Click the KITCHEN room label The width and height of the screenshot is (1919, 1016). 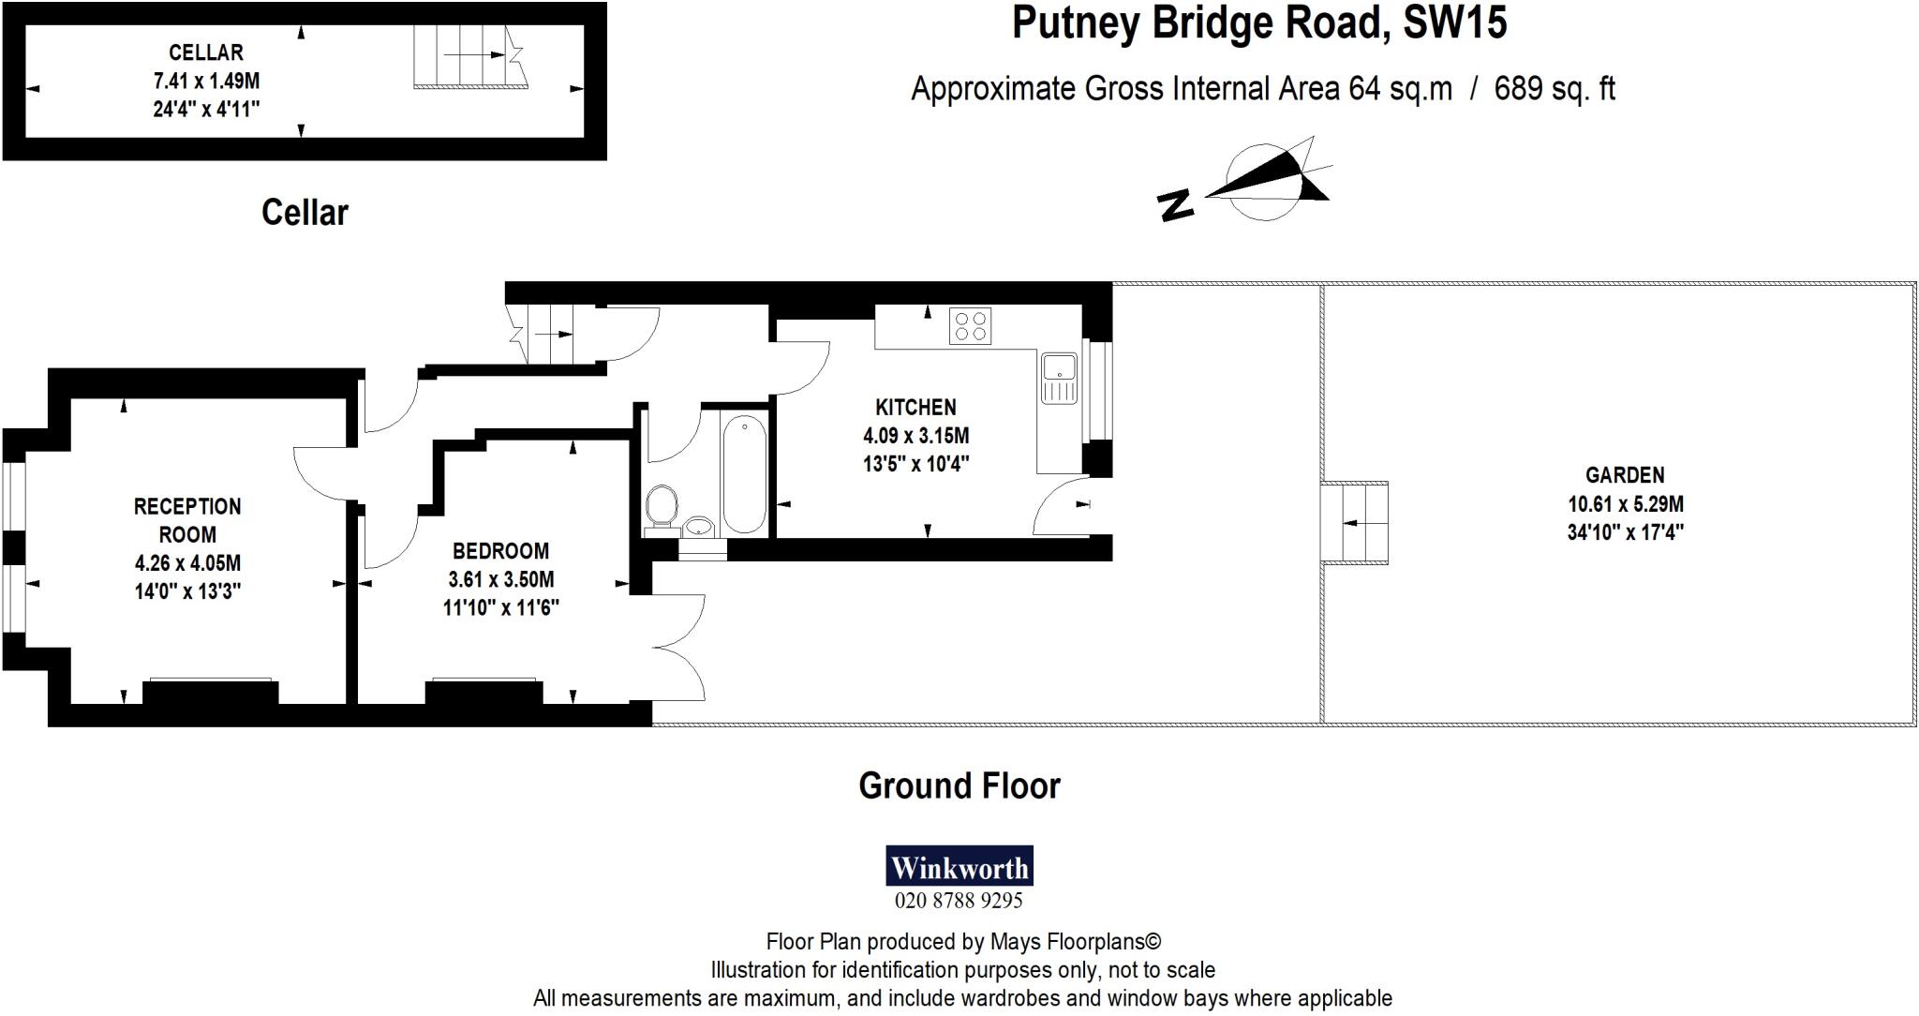(x=915, y=407)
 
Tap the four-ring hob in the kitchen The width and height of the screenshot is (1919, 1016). (x=970, y=325)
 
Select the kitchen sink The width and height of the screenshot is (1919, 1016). (x=1060, y=378)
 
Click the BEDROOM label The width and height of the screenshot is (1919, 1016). (x=500, y=551)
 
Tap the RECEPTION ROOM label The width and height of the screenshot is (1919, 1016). (x=187, y=520)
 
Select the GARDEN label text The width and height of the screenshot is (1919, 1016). (x=1625, y=475)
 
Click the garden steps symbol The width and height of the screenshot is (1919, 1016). (x=1354, y=522)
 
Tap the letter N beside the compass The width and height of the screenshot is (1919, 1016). (x=1176, y=204)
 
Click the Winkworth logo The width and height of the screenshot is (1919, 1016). (x=959, y=867)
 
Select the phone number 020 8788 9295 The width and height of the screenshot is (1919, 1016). (x=959, y=901)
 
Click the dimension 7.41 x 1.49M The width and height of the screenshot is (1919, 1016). (x=206, y=81)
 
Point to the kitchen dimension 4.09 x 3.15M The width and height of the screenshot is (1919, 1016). (x=915, y=436)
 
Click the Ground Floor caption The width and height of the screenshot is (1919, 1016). (x=959, y=785)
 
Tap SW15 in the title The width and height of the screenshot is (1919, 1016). (x=1454, y=22)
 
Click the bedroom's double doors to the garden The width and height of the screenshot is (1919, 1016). (x=679, y=647)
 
